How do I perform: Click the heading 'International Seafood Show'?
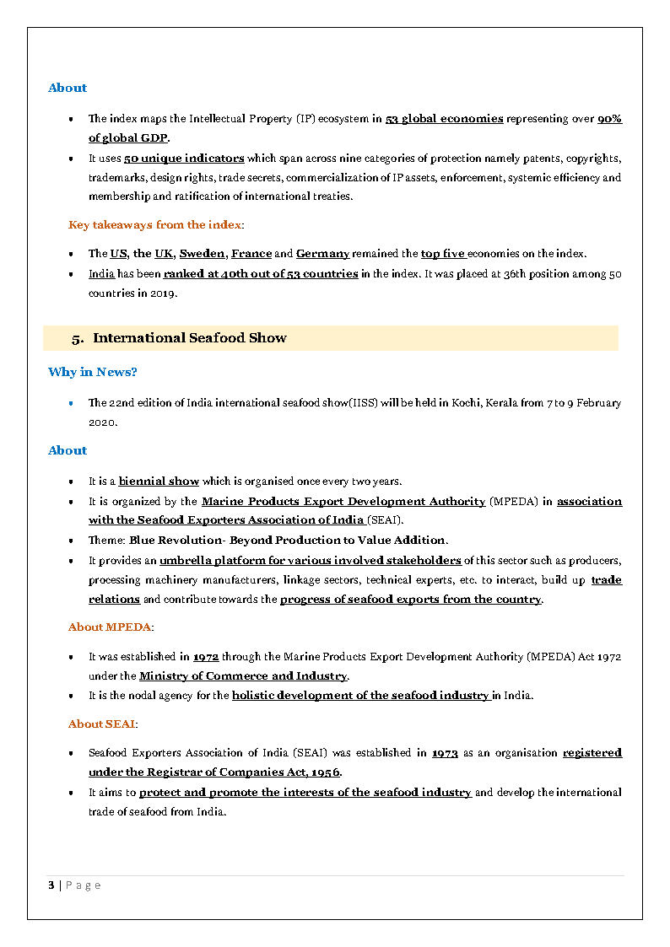[189, 338]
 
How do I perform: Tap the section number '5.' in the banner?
[78, 339]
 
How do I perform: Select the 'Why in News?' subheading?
[93, 372]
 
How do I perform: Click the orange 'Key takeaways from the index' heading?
[156, 224]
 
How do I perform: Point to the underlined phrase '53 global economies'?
[444, 119]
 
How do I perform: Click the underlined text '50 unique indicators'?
[184, 159]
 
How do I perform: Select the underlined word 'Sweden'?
[202, 254]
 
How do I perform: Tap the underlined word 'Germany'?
[322, 254]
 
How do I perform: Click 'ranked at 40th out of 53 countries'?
[261, 274]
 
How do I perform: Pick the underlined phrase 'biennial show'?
[159, 482]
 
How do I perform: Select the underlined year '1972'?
[206, 656]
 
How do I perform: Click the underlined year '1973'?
[445, 753]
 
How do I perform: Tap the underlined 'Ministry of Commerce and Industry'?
[243, 676]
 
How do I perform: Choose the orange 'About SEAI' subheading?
[103, 724]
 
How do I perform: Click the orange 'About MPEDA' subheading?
[111, 627]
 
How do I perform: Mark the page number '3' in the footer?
[51, 885]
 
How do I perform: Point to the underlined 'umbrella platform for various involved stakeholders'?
[310, 561]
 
